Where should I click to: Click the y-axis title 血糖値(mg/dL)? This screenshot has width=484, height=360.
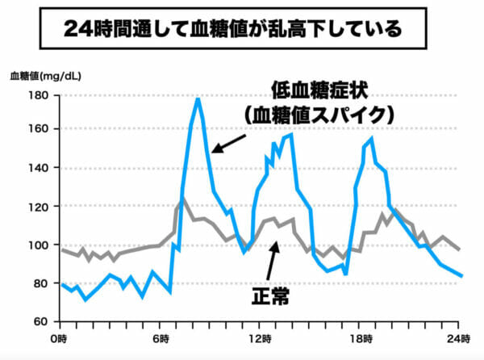[45, 77]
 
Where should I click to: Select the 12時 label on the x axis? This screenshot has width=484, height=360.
[258, 337]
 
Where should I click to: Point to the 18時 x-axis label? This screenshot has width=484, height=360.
[359, 337]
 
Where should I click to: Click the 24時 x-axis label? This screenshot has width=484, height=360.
[459, 337]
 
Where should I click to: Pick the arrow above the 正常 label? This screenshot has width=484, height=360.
[273, 258]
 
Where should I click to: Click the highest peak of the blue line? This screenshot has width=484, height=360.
[198, 98]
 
